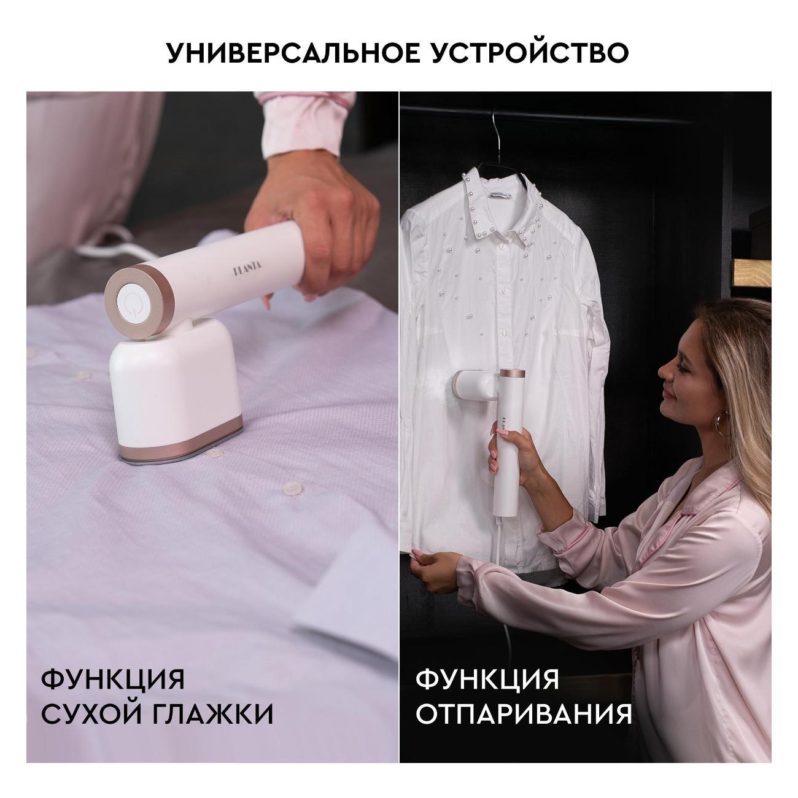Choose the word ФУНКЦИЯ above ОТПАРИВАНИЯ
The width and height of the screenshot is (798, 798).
(487, 680)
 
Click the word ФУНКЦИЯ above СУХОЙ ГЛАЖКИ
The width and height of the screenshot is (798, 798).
(113, 680)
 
